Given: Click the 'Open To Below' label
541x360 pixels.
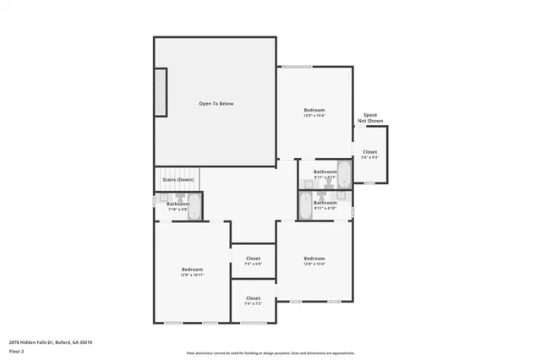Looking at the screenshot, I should click(216, 103).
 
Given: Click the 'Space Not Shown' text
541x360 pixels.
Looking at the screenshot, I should click(370, 118).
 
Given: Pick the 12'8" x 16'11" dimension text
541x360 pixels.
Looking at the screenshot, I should click(192, 275).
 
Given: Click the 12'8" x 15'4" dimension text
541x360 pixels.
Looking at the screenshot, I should click(314, 116).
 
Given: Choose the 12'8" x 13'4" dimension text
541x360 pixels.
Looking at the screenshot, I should click(314, 264).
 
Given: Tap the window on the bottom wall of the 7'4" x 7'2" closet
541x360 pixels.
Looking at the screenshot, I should click(254, 323).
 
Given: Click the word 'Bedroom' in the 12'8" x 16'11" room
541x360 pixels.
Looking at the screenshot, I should click(192, 269).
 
